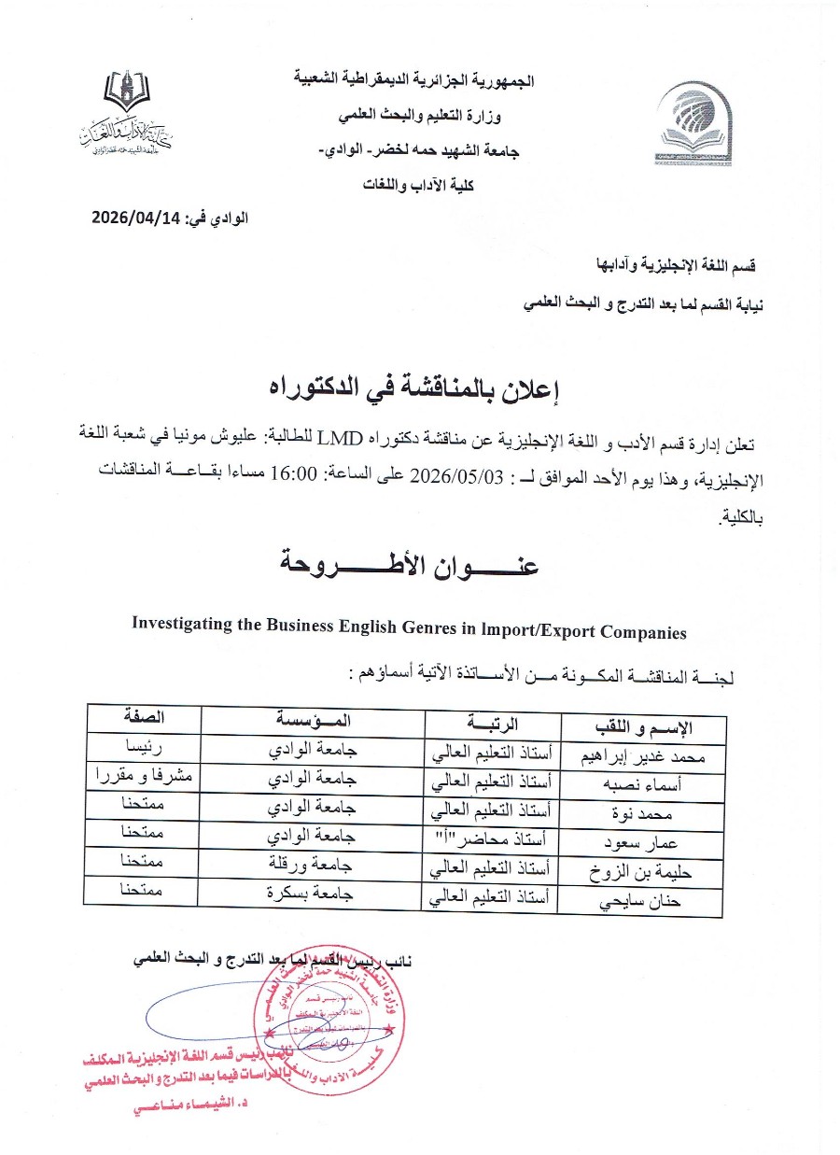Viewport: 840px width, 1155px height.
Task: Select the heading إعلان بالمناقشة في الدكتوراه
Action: (418, 386)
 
